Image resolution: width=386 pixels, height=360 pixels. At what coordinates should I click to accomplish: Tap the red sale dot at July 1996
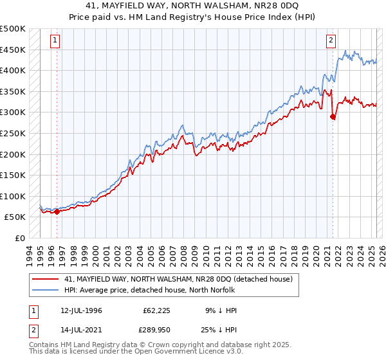57,212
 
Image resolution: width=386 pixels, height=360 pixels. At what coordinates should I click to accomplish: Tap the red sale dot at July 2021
333,116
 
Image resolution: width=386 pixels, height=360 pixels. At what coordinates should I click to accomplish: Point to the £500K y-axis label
13,29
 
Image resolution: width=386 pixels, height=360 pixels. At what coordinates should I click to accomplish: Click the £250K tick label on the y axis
13,133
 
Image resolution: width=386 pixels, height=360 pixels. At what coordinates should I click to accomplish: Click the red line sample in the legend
46,279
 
